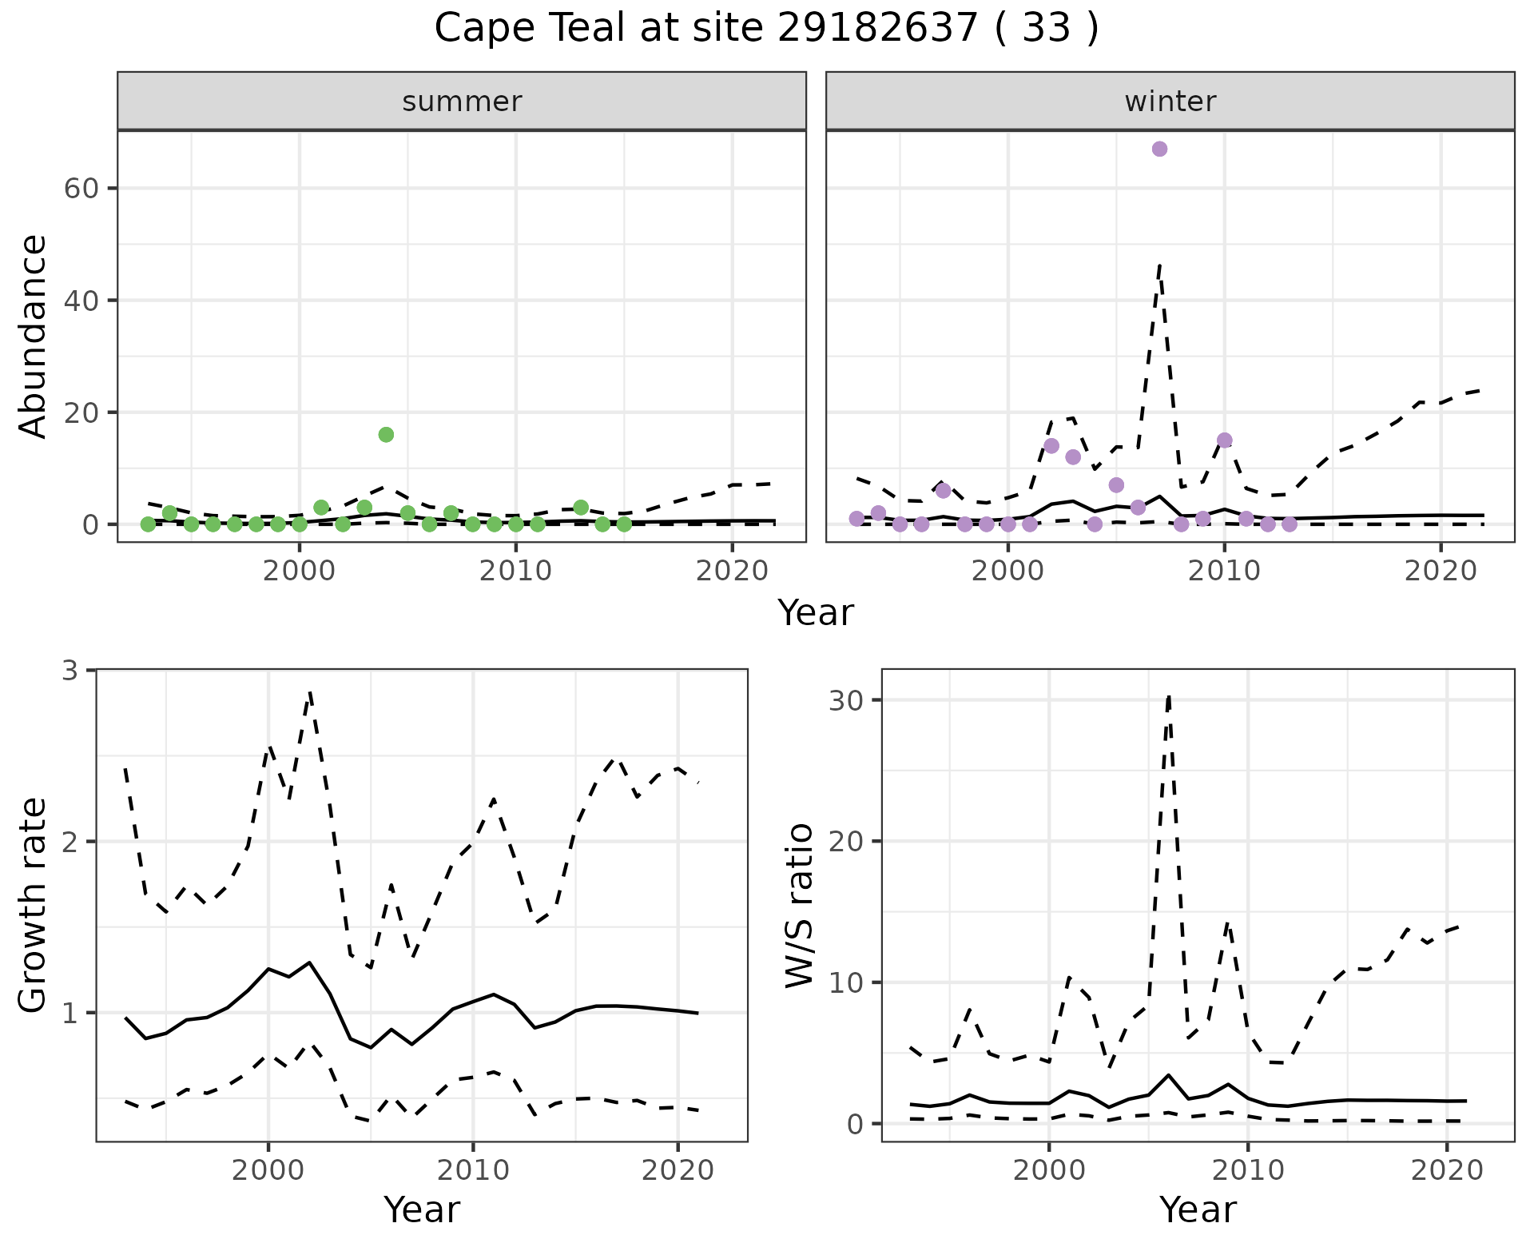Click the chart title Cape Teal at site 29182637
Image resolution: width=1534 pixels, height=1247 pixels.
[x=765, y=29]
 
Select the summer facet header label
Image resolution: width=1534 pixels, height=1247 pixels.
[x=462, y=102]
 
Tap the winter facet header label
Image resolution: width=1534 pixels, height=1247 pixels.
[x=1170, y=102]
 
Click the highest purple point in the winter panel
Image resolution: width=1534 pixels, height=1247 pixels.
[x=1159, y=149]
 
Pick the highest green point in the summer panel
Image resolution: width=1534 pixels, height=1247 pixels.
[x=386, y=435]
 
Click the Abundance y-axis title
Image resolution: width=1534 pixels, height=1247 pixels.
[x=34, y=336]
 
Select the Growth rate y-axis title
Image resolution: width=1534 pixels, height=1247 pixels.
[x=34, y=905]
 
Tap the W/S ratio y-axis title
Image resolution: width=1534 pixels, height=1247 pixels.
[x=799, y=905]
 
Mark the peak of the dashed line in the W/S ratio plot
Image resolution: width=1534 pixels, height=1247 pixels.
[x=1169, y=697]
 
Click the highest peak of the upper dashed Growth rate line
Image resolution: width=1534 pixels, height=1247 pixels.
[x=310, y=693]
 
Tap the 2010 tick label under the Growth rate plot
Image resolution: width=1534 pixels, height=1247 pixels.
[x=473, y=1170]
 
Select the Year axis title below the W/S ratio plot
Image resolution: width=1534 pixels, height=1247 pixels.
[x=1198, y=1209]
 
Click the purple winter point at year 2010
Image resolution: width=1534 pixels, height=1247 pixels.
[x=1225, y=440]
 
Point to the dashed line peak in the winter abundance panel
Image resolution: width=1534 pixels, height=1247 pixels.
[x=1159, y=265]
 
